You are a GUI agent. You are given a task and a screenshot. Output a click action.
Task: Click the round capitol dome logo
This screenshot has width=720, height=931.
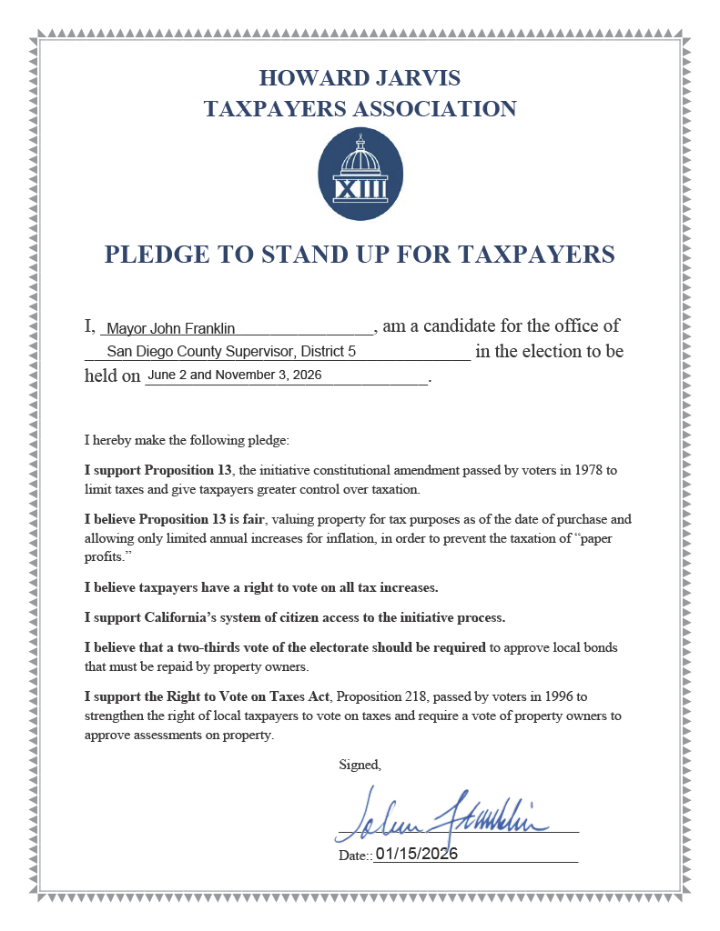click(360, 174)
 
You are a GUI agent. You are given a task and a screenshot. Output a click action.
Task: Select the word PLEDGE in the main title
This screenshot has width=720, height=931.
click(152, 254)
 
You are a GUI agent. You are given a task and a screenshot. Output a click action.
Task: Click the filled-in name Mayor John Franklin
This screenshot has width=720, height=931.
click(171, 328)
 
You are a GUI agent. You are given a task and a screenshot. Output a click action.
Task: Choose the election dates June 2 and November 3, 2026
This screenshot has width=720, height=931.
click(234, 375)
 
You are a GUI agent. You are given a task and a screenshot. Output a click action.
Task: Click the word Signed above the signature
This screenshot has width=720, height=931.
click(360, 765)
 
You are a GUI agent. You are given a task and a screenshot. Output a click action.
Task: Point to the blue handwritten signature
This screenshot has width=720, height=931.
click(441, 813)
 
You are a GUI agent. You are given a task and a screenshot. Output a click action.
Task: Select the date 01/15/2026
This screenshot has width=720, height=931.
click(416, 854)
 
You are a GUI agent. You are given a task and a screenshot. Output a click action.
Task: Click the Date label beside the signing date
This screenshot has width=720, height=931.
click(353, 856)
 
